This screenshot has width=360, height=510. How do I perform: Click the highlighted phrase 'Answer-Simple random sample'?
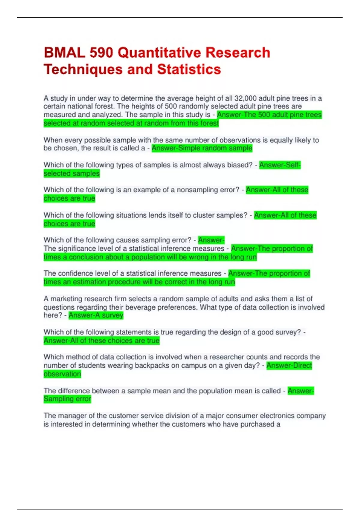(202, 148)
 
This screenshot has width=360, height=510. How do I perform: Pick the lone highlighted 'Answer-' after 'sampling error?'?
(211, 240)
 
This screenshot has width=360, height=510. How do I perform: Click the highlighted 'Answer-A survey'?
(96, 315)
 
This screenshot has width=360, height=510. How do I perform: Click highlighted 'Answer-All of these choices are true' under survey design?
(101, 340)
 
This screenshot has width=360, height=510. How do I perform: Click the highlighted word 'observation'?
(62, 374)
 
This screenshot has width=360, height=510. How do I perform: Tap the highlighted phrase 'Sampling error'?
(67, 399)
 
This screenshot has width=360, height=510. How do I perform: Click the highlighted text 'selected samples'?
(71, 173)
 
